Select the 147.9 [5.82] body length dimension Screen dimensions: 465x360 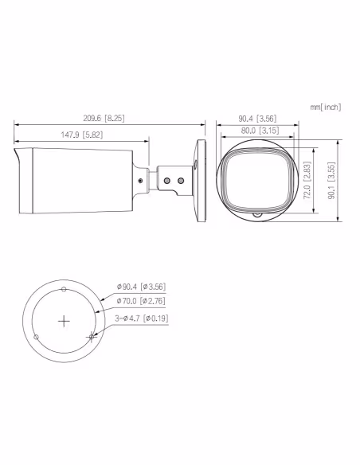(82, 135)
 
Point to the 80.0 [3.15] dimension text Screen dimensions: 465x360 (258, 130)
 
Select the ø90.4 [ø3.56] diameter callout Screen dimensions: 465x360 (141, 286)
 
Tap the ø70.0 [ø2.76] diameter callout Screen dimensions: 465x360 (141, 301)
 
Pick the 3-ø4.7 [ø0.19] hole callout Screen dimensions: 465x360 (143, 317)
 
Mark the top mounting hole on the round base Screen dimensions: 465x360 (64, 290)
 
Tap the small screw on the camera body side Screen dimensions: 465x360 (141, 180)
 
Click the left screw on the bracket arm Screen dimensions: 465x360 (167, 181)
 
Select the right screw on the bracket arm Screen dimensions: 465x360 (180, 181)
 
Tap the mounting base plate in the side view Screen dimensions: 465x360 (200, 180)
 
